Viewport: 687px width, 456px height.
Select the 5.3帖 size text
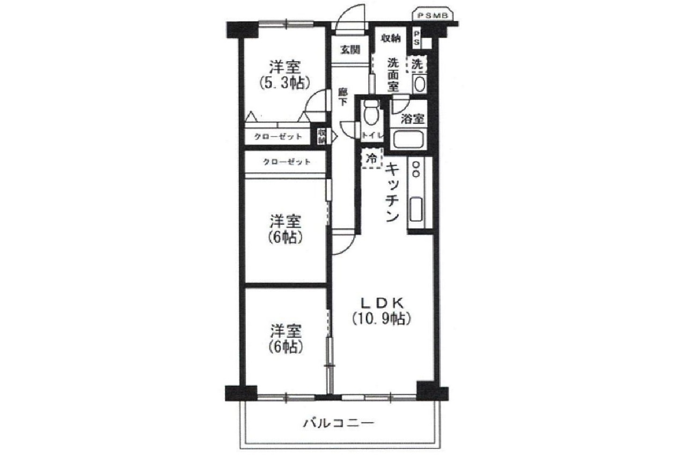pos(284,83)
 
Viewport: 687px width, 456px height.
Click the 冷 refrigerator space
pos(371,159)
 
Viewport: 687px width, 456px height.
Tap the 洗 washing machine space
pos(417,64)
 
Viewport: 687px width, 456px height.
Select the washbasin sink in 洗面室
pos(419,84)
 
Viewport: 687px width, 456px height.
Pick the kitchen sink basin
pos(416,209)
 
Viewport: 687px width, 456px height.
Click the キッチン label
pos(392,193)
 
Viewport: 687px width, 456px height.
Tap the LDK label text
pos(382,302)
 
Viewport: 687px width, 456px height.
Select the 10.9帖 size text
pos(382,319)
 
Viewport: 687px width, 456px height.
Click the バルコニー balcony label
pos(338,423)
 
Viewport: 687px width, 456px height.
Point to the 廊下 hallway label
pos(342,97)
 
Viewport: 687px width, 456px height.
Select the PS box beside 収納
pos(416,38)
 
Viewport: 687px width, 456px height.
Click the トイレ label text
pos(371,135)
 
